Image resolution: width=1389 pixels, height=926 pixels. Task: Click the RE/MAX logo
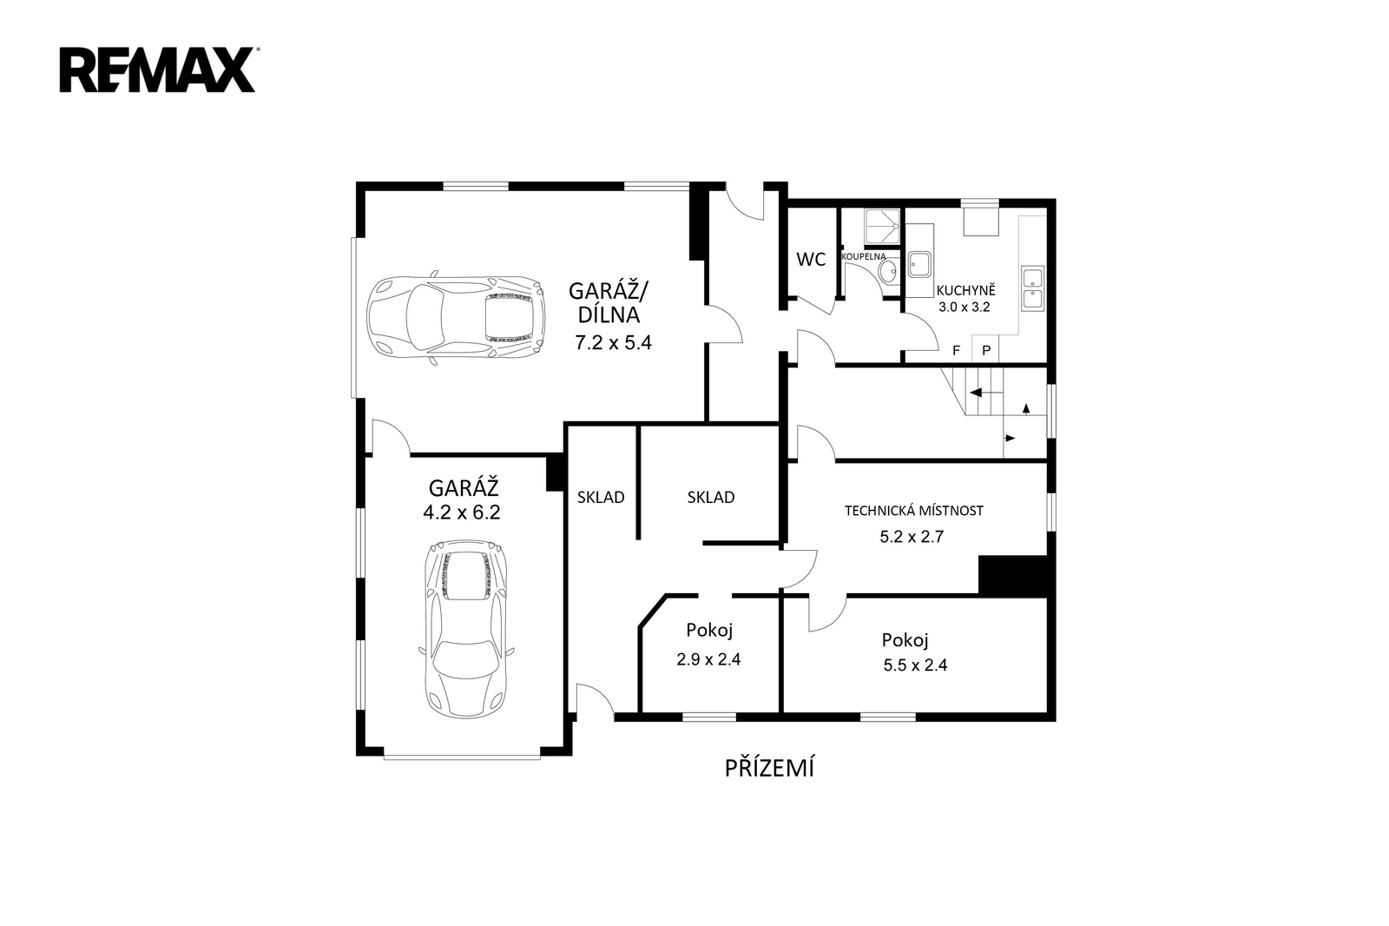pyautogui.click(x=157, y=70)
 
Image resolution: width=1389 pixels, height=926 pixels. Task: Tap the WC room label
pyautogui.click(x=811, y=260)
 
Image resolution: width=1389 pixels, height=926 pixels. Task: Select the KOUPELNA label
pyautogui.click(x=863, y=256)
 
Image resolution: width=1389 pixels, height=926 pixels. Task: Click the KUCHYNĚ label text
pyautogui.click(x=965, y=290)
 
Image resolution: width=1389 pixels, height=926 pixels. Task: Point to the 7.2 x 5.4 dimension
pyautogui.click(x=613, y=342)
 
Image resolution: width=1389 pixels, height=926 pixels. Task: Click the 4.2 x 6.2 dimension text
pyautogui.click(x=461, y=513)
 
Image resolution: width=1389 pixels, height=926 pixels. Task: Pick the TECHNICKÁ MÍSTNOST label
pyautogui.click(x=914, y=510)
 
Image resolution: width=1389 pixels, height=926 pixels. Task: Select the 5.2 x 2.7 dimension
pyautogui.click(x=912, y=536)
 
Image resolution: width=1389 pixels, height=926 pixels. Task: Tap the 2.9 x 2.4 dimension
pyautogui.click(x=708, y=659)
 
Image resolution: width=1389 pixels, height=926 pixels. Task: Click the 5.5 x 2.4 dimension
pyautogui.click(x=915, y=665)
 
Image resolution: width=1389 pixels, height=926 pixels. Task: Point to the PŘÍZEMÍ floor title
pyautogui.click(x=769, y=768)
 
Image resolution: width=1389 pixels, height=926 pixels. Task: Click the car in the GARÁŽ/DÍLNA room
pyautogui.click(x=456, y=319)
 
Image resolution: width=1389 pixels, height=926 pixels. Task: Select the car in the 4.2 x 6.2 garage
pyautogui.click(x=466, y=629)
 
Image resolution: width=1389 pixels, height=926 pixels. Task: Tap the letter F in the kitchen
pyautogui.click(x=956, y=351)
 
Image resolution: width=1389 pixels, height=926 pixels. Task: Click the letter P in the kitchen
pyautogui.click(x=986, y=351)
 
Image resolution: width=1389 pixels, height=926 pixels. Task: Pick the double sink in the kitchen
pyautogui.click(x=1033, y=288)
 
